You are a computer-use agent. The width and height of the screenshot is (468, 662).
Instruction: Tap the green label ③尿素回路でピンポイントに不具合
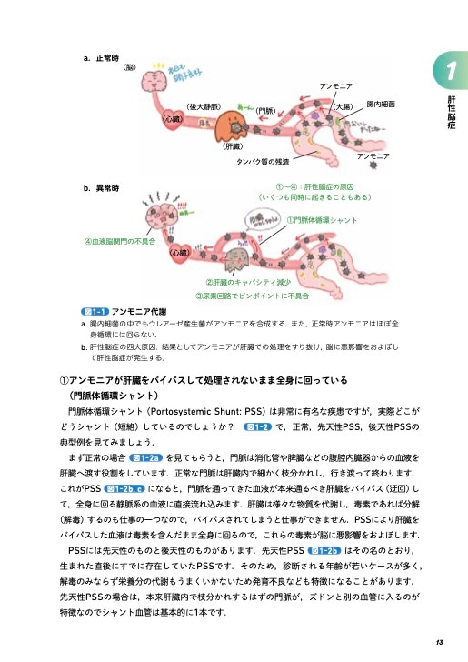pos(246,296)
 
